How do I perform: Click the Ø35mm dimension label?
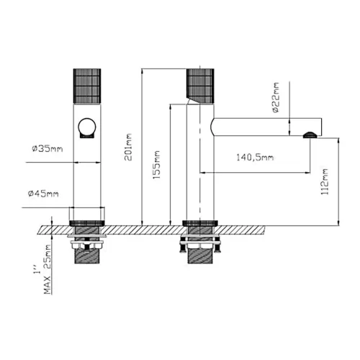pos(48,149)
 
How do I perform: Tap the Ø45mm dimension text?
pos(43,194)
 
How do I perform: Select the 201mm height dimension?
pos(128,147)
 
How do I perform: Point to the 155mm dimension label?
pos(156,165)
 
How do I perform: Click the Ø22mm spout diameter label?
pos(276,97)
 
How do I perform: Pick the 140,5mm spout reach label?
pos(255,158)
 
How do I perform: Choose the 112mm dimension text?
pos(325,181)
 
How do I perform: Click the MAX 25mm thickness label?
pos(48,269)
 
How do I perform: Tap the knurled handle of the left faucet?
pos(87,86)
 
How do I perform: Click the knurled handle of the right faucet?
pos(200,85)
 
